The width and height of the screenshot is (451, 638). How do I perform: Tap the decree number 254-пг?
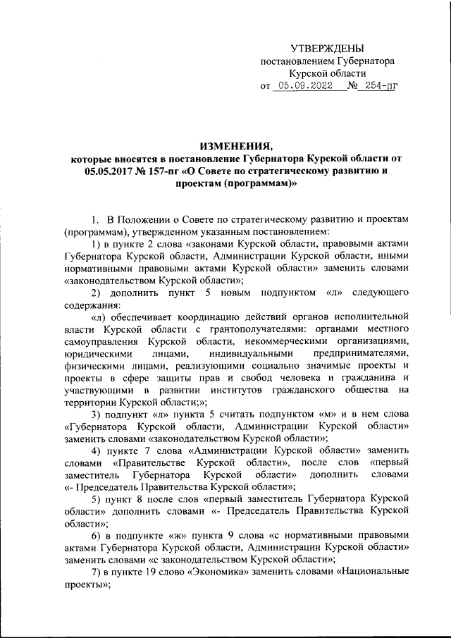point(376,87)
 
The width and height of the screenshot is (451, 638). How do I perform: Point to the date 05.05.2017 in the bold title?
point(109,171)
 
